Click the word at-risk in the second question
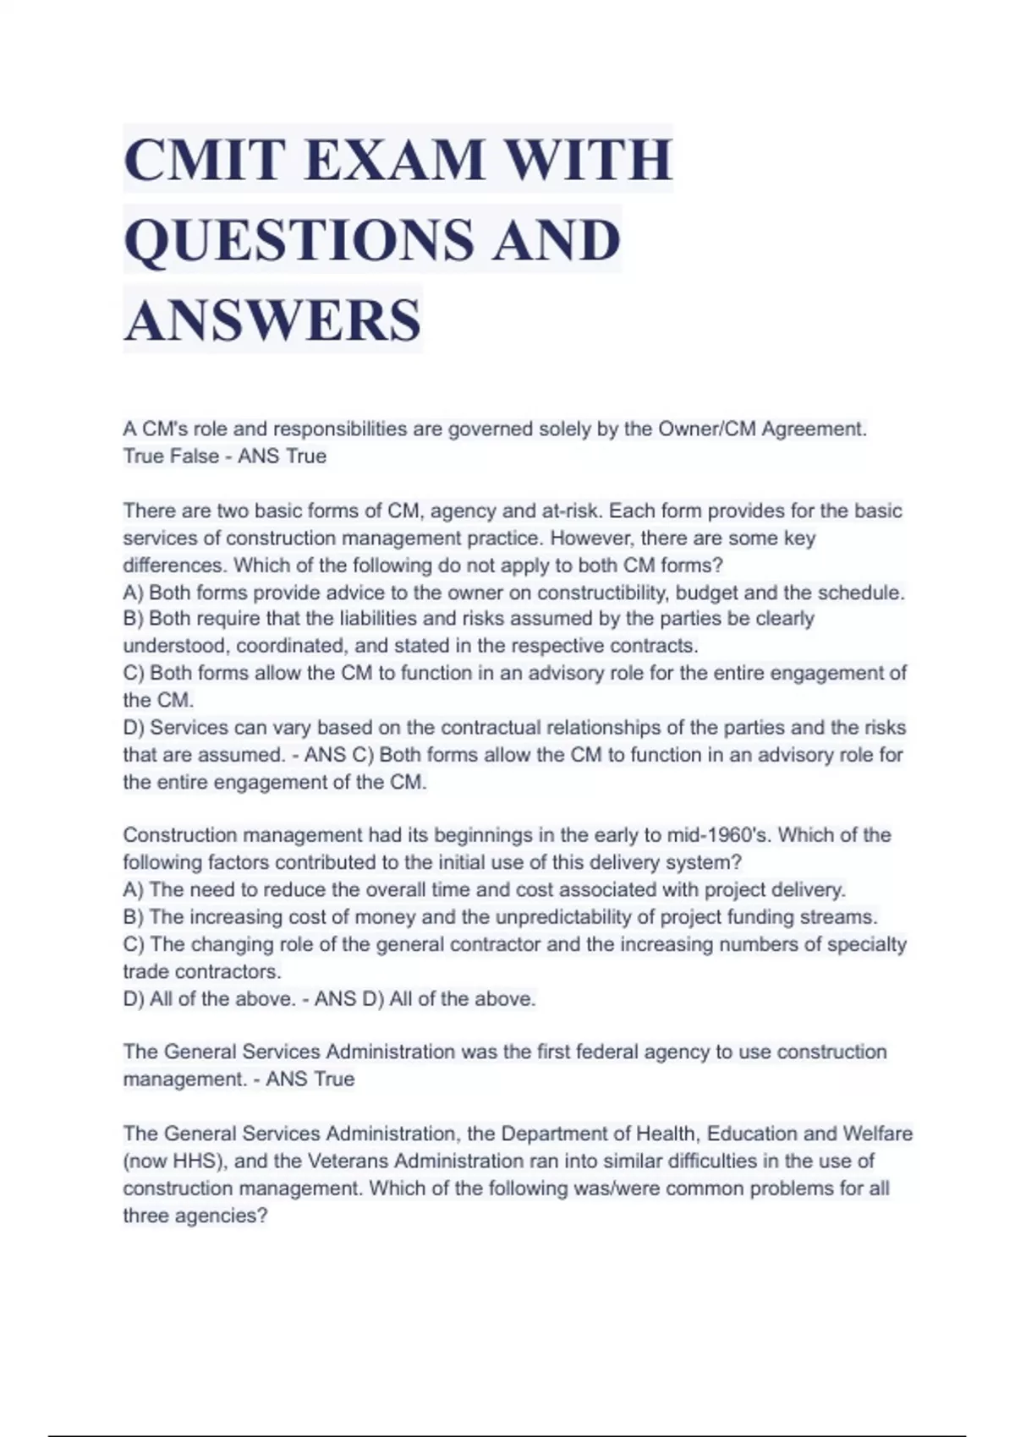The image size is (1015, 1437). pos(576,511)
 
